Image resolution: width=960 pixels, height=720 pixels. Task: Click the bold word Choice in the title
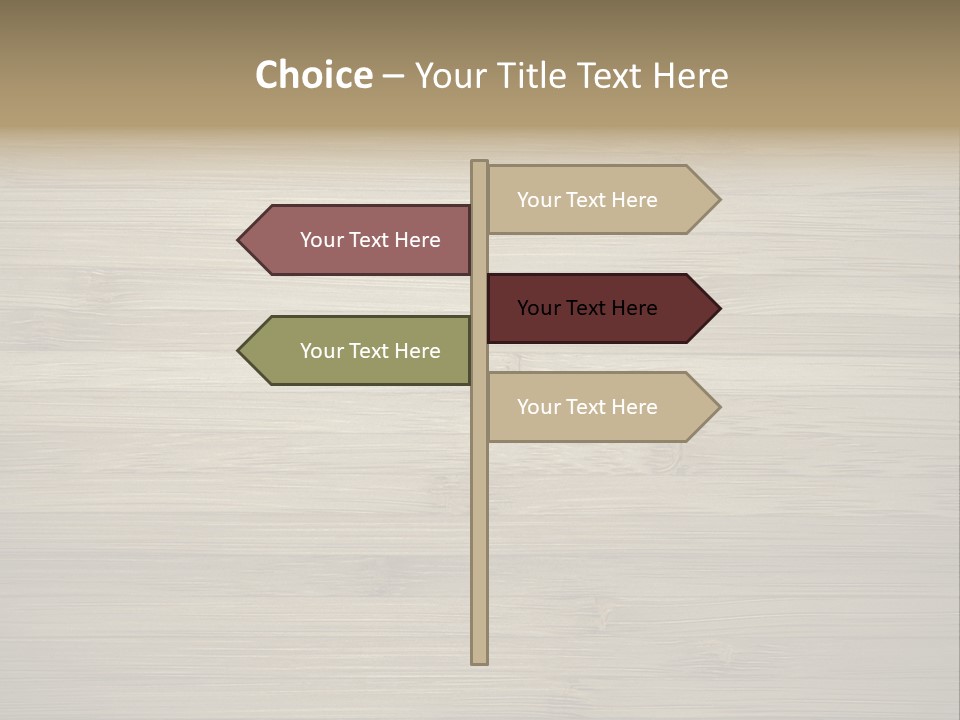(313, 76)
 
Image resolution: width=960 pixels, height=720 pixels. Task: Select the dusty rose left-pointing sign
(360, 240)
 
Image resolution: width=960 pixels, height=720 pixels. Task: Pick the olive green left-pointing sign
(360, 351)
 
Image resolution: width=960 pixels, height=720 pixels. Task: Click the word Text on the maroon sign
(588, 308)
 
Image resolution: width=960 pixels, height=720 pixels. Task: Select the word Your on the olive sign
(321, 351)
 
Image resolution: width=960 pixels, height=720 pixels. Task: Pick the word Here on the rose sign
(417, 240)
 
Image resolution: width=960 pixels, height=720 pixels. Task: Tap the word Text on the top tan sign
(588, 200)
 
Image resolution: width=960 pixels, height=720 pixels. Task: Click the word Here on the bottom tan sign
(634, 407)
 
